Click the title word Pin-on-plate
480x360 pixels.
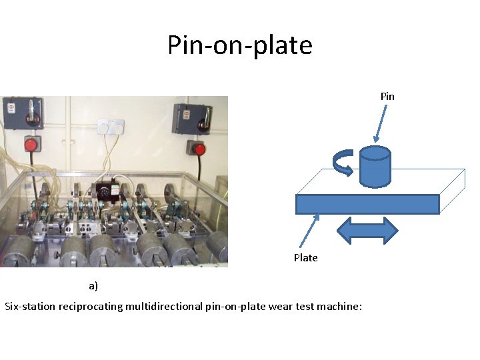pyautogui.click(x=239, y=45)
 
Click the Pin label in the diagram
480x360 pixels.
pyautogui.click(x=387, y=96)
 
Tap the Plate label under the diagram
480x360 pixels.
pyautogui.click(x=305, y=257)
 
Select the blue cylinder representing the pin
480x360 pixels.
pyautogui.click(x=374, y=166)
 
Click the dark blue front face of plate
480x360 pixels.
pyautogui.click(x=367, y=204)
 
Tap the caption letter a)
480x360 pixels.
pyautogui.click(x=93, y=286)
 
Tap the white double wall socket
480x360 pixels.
pyautogui.click(x=111, y=126)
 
